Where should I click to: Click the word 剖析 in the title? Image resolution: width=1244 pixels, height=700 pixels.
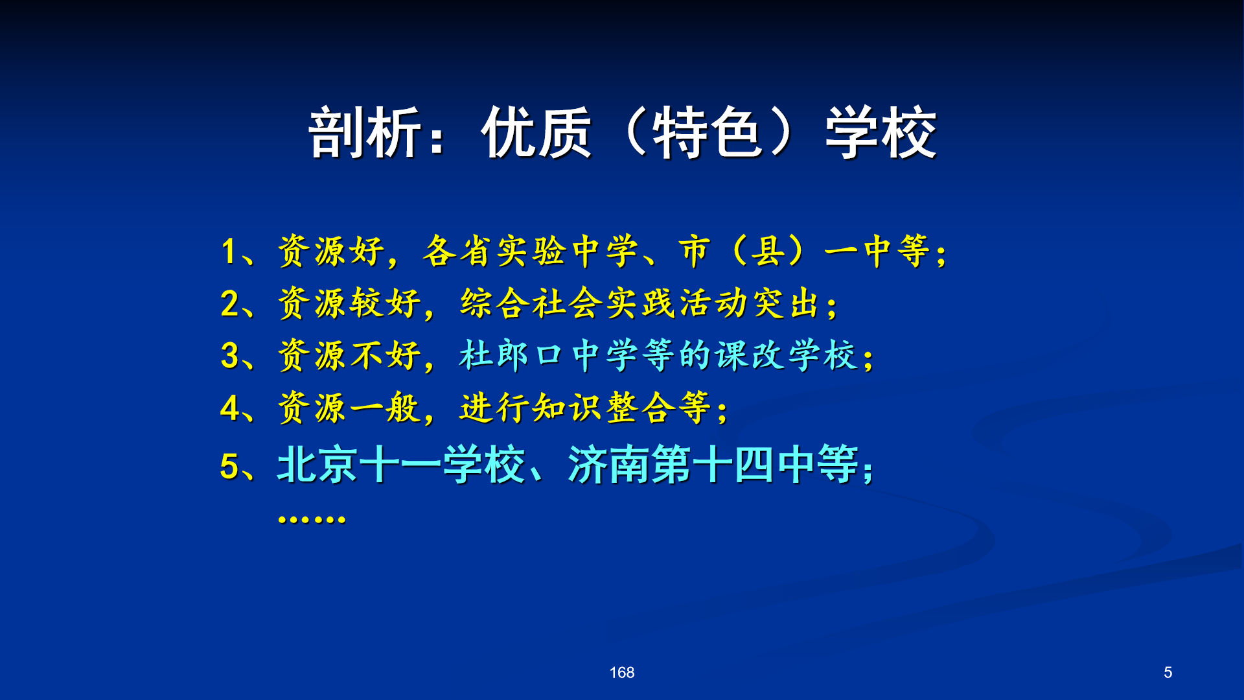tap(365, 133)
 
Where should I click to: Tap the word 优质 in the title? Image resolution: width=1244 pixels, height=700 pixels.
tap(536, 133)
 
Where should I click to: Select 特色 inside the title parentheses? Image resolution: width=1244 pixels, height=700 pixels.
tap(707, 133)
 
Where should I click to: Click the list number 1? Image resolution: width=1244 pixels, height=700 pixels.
tap(229, 251)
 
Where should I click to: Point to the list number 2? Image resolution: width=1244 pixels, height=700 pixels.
tap(230, 303)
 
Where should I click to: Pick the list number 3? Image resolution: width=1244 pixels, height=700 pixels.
tap(230, 356)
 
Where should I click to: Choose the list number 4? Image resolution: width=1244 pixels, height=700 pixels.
tap(230, 408)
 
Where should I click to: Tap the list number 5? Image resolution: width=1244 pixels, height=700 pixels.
tap(230, 466)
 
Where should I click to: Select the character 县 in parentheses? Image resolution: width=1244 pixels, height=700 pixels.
tap(768, 251)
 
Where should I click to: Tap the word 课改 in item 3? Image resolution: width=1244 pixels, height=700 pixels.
tap(750, 355)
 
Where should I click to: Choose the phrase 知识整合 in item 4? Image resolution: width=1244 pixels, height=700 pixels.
tap(604, 408)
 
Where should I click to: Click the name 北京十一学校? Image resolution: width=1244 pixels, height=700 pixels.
tap(401, 465)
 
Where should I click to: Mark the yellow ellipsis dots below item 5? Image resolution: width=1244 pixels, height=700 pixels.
tap(312, 519)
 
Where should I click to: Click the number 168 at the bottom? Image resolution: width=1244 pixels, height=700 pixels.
tap(622, 673)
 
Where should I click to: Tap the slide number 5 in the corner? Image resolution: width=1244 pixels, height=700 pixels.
tap(1168, 673)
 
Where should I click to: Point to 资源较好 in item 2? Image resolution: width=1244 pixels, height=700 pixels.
tap(350, 303)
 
